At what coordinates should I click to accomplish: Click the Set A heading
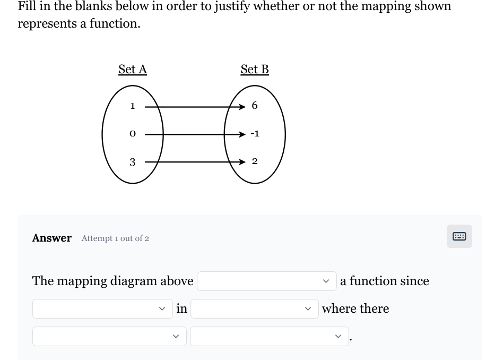133,70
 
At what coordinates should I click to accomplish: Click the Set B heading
255,70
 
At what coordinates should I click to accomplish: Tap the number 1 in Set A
133,106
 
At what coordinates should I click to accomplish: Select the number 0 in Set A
133,134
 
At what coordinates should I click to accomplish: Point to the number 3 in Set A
133,161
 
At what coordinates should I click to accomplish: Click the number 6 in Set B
255,106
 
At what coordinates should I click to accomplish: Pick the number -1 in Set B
255,134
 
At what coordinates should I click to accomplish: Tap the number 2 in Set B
255,161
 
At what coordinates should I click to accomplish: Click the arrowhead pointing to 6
242,106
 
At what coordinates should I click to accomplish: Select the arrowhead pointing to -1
242,134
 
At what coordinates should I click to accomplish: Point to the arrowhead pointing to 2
242,161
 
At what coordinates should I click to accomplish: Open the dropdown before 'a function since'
267,281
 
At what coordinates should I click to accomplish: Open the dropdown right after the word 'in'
254,308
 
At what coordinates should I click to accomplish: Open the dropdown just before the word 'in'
102,308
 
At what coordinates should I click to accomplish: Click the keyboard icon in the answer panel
459,236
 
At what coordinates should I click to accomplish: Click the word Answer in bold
52,238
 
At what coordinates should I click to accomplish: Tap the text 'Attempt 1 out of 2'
115,238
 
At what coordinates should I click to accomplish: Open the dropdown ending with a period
269,336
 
